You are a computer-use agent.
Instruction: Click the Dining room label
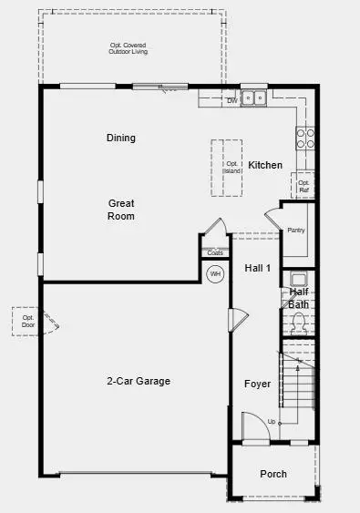coord(120,139)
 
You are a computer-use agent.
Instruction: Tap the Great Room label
coord(121,210)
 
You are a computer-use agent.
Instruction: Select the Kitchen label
coord(265,165)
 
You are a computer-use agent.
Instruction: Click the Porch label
coord(273,474)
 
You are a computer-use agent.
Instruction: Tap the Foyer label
coord(257,385)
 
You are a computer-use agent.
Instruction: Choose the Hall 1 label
coord(258,268)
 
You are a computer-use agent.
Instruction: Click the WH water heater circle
coord(215,273)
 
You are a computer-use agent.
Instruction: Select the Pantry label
coord(296,230)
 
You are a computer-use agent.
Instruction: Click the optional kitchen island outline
coord(230,167)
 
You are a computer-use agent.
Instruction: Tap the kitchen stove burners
coord(305,138)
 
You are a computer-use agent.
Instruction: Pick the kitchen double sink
coord(253,97)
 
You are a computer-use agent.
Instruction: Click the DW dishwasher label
coord(231,99)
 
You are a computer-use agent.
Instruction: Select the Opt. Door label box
coord(27,321)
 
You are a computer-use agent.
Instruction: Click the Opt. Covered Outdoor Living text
coord(129,48)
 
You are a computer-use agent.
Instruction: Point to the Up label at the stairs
coord(271,422)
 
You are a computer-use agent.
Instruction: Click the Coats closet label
coord(215,252)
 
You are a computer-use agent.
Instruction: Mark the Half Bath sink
coord(297,280)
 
